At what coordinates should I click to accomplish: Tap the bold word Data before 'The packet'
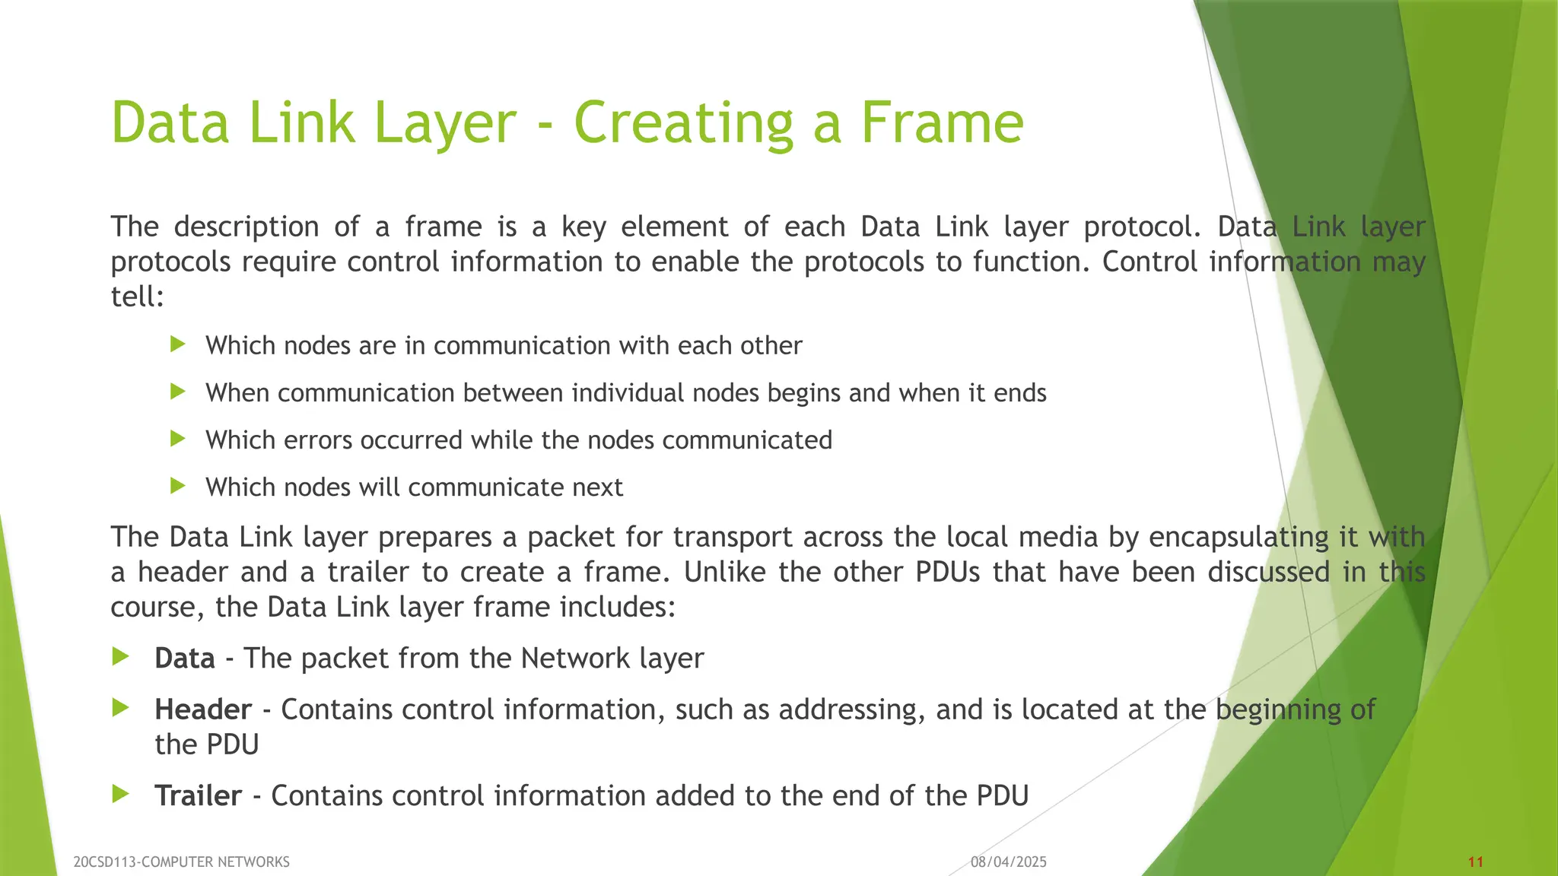click(x=185, y=659)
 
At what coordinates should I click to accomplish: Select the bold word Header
click(x=203, y=709)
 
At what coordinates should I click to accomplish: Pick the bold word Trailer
click(x=198, y=796)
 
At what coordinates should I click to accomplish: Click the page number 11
click(x=1476, y=862)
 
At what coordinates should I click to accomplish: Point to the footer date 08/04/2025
click(x=1009, y=862)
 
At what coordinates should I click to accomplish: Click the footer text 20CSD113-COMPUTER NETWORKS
click(x=181, y=862)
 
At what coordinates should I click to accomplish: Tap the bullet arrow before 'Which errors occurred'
click(x=178, y=439)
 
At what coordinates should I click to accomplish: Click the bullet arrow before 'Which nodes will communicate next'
click(x=178, y=486)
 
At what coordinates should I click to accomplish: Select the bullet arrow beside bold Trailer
click(x=120, y=795)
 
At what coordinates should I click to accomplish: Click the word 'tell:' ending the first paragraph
click(x=138, y=297)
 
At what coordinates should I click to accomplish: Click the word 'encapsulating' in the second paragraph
click(x=1239, y=538)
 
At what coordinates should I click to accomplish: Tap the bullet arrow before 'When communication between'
click(x=178, y=392)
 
